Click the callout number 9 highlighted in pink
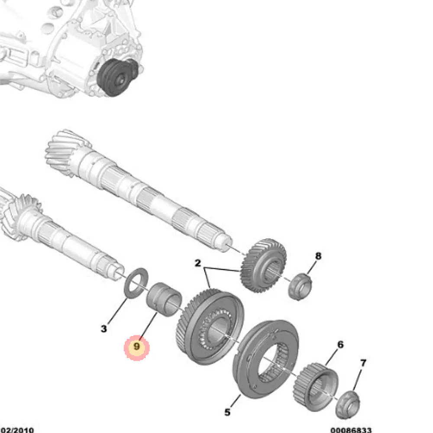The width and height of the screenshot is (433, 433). [137, 346]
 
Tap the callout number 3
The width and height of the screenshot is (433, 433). [103, 329]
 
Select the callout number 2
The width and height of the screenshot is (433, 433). [198, 263]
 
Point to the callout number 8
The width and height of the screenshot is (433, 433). [318, 256]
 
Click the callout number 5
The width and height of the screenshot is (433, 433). [227, 412]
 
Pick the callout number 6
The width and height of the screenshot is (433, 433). [340, 344]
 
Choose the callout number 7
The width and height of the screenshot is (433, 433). [363, 362]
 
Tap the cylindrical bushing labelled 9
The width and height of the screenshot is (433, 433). [164, 300]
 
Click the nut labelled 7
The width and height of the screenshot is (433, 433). [348, 405]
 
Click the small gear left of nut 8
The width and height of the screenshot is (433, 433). [263, 265]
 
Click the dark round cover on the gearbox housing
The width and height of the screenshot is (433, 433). [118, 78]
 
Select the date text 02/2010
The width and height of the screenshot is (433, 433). [17, 430]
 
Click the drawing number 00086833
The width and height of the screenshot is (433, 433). [351, 430]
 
